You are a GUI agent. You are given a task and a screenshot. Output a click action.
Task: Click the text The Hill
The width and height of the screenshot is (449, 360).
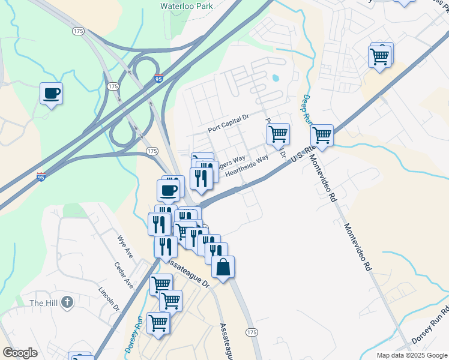click(x=44, y=303)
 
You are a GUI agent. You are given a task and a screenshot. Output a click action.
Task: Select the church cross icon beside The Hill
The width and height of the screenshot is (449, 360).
click(x=67, y=302)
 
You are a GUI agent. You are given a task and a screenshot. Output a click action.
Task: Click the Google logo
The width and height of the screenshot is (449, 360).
click(x=20, y=353)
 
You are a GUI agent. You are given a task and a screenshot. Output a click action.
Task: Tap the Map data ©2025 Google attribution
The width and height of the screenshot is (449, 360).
click(x=411, y=355)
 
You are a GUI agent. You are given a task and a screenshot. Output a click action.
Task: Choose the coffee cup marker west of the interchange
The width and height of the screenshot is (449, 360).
click(x=51, y=94)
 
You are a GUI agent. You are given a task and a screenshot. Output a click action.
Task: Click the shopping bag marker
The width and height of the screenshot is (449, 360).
click(x=223, y=268)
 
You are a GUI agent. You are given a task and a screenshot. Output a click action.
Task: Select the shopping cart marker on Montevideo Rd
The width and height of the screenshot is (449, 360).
click(x=322, y=136)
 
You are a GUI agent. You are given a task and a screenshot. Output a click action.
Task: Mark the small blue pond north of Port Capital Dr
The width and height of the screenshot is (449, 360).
click(x=276, y=77)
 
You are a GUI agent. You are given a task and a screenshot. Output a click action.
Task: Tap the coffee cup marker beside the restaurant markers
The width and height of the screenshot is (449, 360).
click(x=169, y=191)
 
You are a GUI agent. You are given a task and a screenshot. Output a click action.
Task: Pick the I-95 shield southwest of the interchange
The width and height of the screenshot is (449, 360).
click(x=41, y=176)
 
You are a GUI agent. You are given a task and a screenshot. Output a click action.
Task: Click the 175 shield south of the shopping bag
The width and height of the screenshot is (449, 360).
click(x=252, y=332)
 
